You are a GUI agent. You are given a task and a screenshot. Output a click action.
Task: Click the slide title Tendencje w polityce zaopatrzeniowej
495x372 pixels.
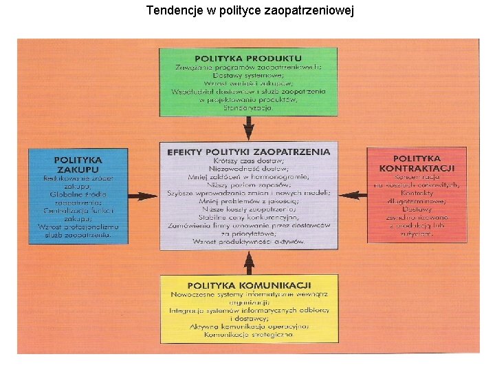pos(250,11)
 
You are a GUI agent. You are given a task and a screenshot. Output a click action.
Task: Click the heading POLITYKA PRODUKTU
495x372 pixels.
pos(248,58)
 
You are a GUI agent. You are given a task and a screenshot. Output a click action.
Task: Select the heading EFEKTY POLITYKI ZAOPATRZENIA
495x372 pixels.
pos(249,152)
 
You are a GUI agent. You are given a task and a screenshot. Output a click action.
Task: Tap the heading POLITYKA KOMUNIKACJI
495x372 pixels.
pos(249,285)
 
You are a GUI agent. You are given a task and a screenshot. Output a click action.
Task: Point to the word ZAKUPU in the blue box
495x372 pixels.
pos(78,169)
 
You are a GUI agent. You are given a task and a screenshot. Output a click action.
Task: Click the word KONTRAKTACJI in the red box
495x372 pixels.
pos(417,169)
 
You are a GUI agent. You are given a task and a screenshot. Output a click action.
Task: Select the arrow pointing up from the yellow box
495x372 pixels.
pos(249,262)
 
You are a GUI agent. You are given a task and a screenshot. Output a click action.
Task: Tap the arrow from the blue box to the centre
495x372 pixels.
pos(144,196)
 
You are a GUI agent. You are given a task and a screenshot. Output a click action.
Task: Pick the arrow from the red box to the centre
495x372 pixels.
pos(353,196)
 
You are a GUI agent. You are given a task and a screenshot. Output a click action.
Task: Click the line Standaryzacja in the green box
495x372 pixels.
pos(248,107)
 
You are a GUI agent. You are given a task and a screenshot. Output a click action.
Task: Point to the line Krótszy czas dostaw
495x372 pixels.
pos(248,161)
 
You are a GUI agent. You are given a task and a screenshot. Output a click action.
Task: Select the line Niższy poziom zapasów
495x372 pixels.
pos(248,185)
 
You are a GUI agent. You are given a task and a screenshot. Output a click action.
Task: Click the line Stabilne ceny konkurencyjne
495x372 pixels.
pos(248,217)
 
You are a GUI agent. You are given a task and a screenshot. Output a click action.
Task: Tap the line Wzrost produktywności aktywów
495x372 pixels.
pos(248,241)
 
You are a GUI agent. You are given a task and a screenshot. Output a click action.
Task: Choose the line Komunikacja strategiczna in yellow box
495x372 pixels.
pos(248,334)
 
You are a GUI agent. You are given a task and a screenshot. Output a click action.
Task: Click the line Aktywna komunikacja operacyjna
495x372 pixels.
pos(248,326)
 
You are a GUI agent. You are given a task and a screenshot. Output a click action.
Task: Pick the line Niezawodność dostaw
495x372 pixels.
pos(248,169)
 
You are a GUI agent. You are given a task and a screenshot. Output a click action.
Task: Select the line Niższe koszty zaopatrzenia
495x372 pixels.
pos(248,209)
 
